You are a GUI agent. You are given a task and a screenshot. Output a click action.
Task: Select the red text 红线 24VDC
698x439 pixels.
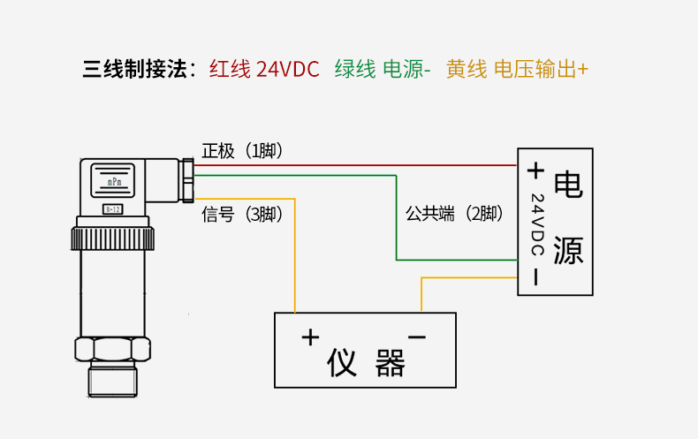(264, 69)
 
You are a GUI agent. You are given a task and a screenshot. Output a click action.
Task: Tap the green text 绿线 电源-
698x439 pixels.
(382, 69)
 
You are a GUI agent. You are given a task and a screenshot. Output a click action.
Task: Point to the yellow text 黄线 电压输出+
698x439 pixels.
(517, 69)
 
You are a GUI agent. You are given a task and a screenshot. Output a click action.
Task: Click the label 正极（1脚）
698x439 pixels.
(242, 151)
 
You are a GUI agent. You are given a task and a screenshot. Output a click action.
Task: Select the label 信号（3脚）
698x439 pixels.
(242, 215)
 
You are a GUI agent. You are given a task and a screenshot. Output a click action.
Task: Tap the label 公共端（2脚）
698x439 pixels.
(453, 213)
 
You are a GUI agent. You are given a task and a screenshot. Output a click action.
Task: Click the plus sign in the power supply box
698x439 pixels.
(535, 170)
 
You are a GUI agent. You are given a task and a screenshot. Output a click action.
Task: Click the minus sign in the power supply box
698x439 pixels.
(535, 276)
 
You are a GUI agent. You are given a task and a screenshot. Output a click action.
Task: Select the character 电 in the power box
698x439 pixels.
(568, 185)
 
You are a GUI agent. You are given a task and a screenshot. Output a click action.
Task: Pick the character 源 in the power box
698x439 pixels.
(568, 250)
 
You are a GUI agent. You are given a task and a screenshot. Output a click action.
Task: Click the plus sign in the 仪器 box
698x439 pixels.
(309, 337)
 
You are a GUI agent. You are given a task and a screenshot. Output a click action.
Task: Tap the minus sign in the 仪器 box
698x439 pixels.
(417, 337)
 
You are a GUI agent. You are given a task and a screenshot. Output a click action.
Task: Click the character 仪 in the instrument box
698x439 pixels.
(342, 362)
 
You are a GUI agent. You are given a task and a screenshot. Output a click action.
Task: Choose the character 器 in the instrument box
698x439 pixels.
(390, 362)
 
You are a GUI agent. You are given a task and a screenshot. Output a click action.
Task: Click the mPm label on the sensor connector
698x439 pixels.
(114, 181)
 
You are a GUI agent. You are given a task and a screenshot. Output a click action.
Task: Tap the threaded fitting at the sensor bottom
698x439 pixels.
(112, 380)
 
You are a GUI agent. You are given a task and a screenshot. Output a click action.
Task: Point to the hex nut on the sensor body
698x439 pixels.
(112, 348)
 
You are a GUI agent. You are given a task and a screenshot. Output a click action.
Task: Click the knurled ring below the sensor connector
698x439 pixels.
(112, 238)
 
